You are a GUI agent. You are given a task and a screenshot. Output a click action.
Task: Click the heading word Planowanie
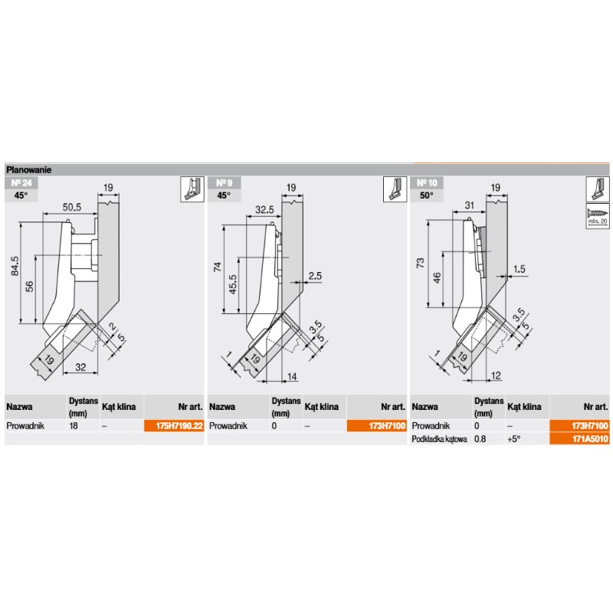coord(28,170)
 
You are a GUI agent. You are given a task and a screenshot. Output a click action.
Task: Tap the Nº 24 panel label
coord(21,183)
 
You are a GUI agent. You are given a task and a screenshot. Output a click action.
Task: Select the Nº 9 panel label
coord(224,183)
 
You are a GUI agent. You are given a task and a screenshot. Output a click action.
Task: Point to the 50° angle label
coord(427,195)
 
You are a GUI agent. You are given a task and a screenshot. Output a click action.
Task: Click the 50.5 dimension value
coord(72,207)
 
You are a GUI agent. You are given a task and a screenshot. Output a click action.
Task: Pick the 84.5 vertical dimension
coord(15,266)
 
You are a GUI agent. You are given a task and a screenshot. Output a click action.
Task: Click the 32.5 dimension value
coord(264,209)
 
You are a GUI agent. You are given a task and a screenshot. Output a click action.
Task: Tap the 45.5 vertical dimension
coord(233,284)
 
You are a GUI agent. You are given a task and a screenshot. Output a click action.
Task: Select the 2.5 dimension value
coord(315,276)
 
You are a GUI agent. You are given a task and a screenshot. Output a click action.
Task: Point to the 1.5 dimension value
coord(520,269)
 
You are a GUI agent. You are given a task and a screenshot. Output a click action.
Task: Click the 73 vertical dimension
coord(420,262)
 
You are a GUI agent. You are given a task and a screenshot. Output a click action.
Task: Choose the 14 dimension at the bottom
coord(292,376)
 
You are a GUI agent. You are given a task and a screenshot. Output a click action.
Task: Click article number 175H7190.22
coord(179,426)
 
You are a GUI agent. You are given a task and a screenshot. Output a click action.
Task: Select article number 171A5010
coord(590,439)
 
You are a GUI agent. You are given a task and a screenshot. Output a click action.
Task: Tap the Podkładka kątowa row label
coord(439,439)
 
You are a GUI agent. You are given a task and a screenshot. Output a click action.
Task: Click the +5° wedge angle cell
coord(513,439)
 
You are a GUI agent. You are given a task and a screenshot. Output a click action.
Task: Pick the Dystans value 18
coord(74,426)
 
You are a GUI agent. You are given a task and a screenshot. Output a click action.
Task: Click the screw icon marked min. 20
coord(598,216)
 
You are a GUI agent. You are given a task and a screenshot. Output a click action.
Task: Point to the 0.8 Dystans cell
coord(480,439)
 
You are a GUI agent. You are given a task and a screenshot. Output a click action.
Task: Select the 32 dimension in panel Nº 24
coord(80,367)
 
